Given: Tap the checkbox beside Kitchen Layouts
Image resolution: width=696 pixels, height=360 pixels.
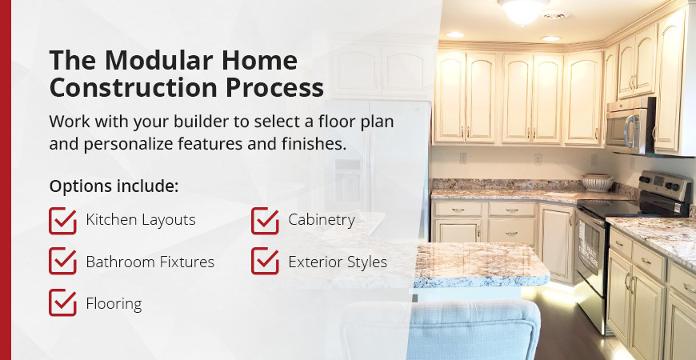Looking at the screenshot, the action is point(62,221).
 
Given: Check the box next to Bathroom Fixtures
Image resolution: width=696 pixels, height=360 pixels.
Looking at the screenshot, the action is point(62,261).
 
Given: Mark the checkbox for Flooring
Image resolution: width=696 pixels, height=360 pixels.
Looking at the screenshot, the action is point(62,302).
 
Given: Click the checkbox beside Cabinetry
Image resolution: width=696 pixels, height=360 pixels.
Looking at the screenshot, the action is point(265,221).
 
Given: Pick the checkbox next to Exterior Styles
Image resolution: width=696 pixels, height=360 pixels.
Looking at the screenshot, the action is point(265,261).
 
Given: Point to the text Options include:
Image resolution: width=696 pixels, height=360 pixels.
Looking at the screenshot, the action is point(114,186).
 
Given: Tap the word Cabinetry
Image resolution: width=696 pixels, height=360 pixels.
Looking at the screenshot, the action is point(322,220).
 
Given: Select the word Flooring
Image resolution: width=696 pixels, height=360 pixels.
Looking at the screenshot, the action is point(114,304).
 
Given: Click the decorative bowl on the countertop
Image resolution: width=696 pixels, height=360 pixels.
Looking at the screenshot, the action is point(597,182).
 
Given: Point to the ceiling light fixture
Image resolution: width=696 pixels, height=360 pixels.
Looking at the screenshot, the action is point(523,11).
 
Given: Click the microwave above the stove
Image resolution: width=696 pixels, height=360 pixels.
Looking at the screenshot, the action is point(630,126).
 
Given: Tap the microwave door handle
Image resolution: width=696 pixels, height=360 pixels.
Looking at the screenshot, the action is point(629,131).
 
